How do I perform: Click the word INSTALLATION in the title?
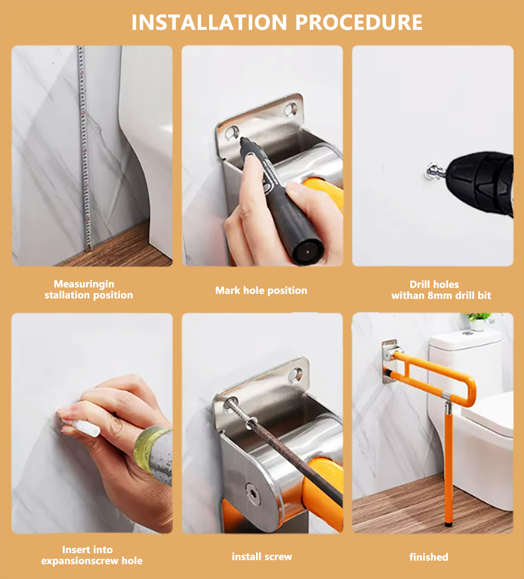click(x=209, y=23)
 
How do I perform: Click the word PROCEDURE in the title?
click(x=359, y=23)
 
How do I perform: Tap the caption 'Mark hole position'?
click(x=261, y=290)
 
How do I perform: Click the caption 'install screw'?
click(x=262, y=556)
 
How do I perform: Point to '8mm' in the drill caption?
click(x=440, y=295)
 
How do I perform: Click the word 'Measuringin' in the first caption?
click(x=84, y=284)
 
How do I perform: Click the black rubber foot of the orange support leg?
click(x=449, y=524)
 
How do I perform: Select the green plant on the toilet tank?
click(x=478, y=318)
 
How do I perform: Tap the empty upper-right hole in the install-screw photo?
click(x=296, y=375)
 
